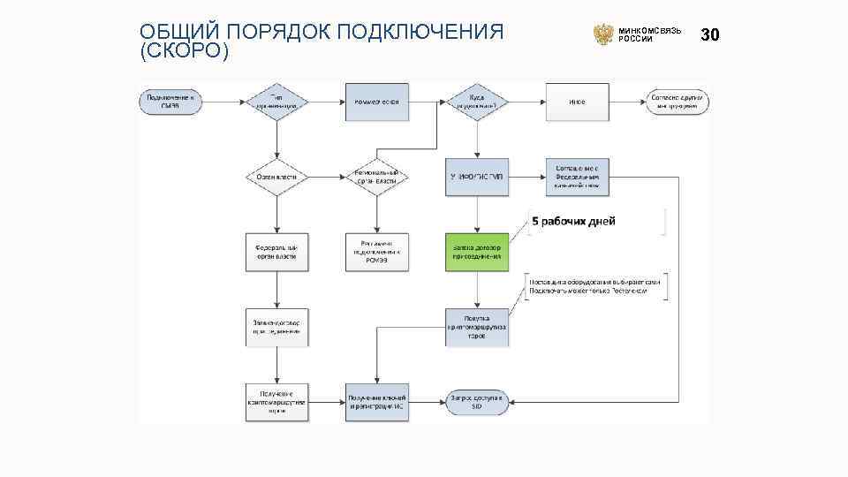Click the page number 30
(x=710, y=34)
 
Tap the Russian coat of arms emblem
(x=603, y=34)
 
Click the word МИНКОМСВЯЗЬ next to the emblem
(x=650, y=30)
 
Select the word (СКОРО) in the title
(x=184, y=52)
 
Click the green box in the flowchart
(x=477, y=251)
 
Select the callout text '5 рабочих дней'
(x=573, y=221)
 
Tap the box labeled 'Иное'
(x=577, y=102)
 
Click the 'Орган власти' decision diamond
(x=276, y=177)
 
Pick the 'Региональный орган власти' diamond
(x=376, y=177)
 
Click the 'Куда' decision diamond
(x=477, y=102)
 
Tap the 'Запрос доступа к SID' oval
(x=477, y=403)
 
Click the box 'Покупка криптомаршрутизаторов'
(x=477, y=327)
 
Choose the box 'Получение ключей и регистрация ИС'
(x=376, y=403)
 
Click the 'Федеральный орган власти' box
(x=276, y=251)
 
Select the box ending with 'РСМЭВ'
(x=376, y=251)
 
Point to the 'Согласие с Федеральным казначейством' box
(x=577, y=177)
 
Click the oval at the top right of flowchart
(x=677, y=102)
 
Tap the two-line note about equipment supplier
(x=596, y=285)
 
